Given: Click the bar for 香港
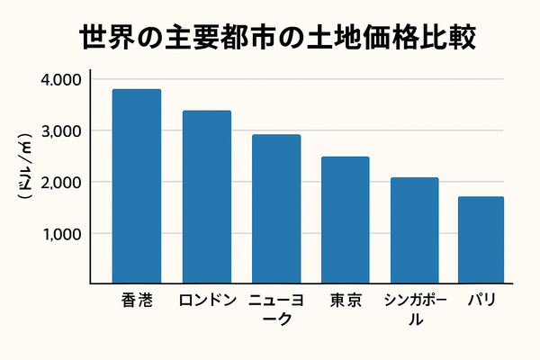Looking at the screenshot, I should pyautogui.click(x=137, y=186).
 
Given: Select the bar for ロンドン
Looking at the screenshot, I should pyautogui.click(x=206, y=197).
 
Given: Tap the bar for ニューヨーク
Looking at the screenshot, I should pyautogui.click(x=276, y=209).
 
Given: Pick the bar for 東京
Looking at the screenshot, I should pyautogui.click(x=346, y=220).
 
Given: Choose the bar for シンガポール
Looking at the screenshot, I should pyautogui.click(x=415, y=230).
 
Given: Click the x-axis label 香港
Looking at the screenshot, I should pyautogui.click(x=137, y=301).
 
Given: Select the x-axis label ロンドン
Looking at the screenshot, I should pyautogui.click(x=206, y=301).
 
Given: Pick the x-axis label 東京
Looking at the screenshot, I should pyautogui.click(x=346, y=301).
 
